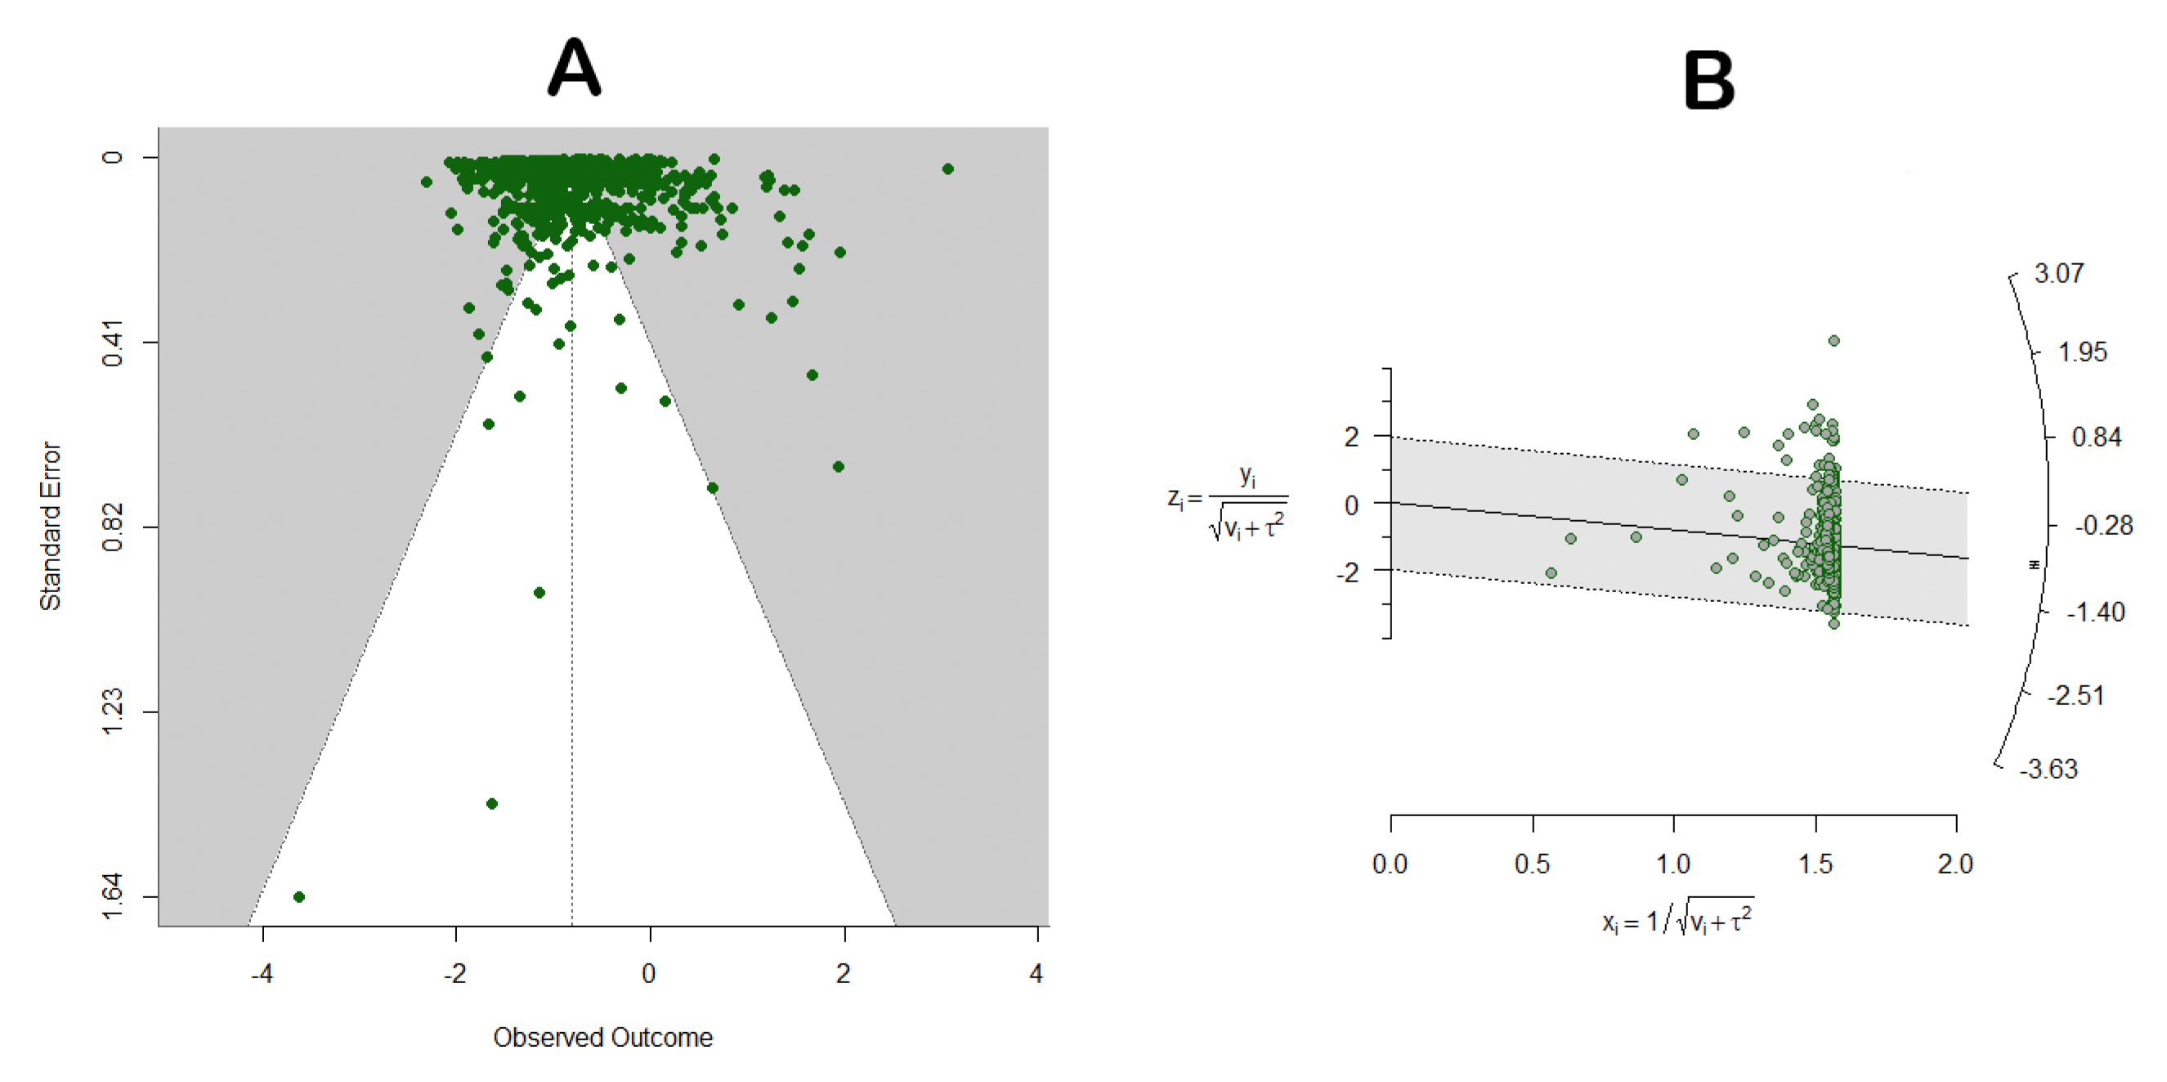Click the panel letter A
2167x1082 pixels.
[574, 68]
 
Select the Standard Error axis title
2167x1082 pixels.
[51, 526]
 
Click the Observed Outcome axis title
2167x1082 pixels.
[602, 1037]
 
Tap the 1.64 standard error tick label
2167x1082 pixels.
[112, 897]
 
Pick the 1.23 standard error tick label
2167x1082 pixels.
[112, 712]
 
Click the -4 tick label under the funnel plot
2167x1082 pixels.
[262, 973]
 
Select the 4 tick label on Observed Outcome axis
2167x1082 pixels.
[1036, 973]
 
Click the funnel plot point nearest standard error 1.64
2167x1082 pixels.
[298, 897]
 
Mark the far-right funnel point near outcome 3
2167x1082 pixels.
[947, 169]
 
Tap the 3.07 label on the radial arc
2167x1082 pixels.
[2058, 273]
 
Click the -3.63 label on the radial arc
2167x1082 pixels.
[2048, 769]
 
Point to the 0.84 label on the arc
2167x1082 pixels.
[2096, 438]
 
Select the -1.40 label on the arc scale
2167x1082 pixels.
[2096, 612]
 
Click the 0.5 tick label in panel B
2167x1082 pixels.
[1531, 864]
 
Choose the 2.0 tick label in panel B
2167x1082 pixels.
[1954, 864]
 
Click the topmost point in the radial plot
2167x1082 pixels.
[1833, 341]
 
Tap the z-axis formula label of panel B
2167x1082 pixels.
[1229, 503]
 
